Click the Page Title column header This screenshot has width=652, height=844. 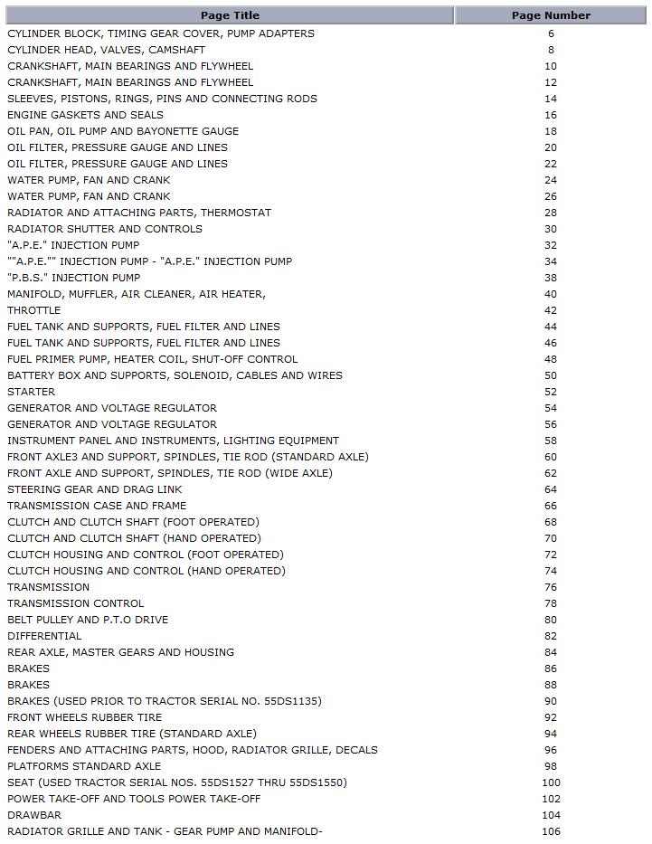point(230,15)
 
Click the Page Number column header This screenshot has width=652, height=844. point(551,15)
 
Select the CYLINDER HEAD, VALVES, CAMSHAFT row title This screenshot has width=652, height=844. point(106,50)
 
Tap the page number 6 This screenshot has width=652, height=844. point(551,33)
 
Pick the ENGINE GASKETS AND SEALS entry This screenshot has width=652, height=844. point(85,115)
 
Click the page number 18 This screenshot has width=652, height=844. point(551,131)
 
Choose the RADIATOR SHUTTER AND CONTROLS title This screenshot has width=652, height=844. point(105,229)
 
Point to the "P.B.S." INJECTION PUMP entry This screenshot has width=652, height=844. point(74,278)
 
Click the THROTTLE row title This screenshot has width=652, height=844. point(34,310)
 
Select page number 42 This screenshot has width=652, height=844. point(551,310)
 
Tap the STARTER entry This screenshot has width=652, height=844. point(31,392)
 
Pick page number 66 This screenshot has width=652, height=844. point(551,506)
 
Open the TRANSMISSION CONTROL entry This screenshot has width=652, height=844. point(75,603)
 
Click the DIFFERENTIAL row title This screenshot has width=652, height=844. point(44,636)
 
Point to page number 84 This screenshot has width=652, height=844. point(551,652)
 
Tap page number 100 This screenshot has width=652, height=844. point(551,782)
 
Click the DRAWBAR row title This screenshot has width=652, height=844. point(34,815)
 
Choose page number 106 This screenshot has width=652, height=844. point(551,831)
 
